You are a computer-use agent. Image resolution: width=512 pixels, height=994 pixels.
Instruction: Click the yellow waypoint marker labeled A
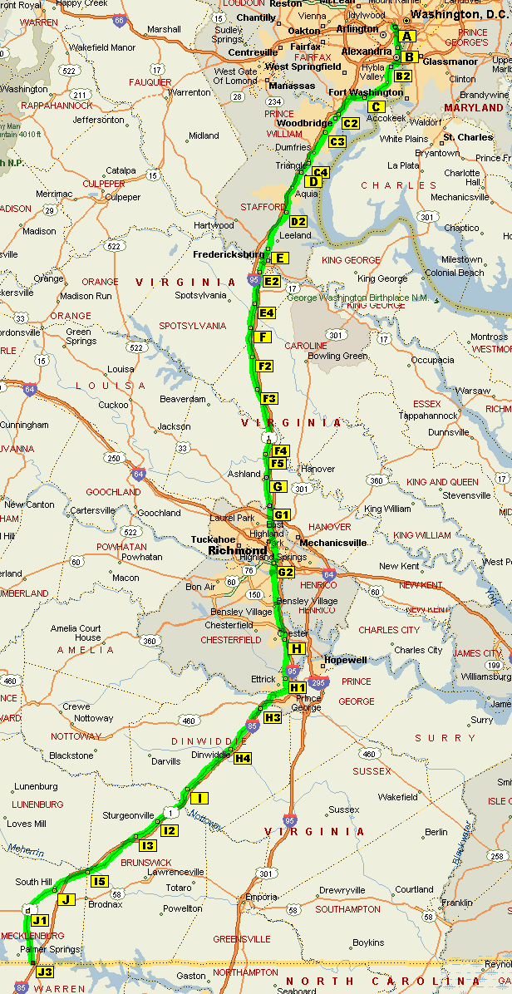406,36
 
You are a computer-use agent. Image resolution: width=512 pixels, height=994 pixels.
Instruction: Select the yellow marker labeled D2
298,221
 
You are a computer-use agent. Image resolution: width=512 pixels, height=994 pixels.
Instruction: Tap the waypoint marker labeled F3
269,399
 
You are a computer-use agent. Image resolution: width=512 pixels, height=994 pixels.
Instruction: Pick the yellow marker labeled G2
286,573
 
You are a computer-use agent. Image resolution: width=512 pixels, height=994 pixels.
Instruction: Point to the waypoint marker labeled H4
243,758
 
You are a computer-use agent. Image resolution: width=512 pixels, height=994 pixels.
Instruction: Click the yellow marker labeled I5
100,881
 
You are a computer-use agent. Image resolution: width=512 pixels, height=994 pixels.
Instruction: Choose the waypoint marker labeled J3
45,972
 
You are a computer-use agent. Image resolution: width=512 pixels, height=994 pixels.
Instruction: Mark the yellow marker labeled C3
337,141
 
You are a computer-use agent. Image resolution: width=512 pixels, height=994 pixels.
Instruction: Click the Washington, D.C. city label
462,15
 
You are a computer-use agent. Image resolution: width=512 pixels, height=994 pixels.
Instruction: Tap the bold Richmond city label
239,551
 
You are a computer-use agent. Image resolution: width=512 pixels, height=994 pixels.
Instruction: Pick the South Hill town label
34,882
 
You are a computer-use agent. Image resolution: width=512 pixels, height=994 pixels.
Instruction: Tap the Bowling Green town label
337,356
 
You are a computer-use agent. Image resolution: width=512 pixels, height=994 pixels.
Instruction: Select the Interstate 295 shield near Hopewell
319,683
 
